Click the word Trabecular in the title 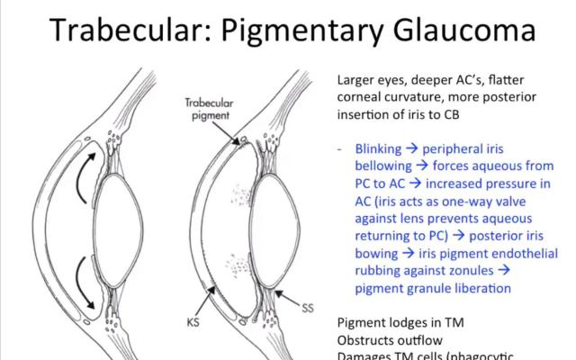click(133, 31)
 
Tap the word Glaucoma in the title click(468, 31)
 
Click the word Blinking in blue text click(380, 148)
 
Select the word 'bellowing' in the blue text click(384, 166)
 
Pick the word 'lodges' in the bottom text click(407, 323)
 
